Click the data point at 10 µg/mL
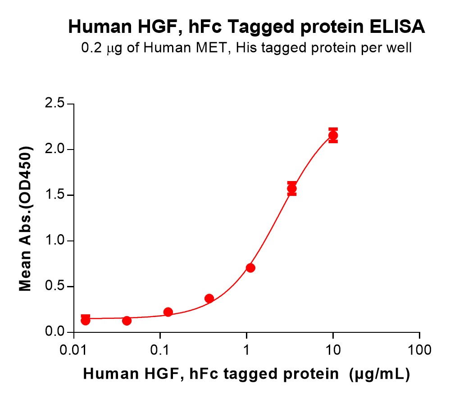click(x=333, y=135)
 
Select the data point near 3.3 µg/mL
click(x=292, y=189)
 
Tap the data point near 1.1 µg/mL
click(x=250, y=268)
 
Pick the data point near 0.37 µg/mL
click(x=209, y=298)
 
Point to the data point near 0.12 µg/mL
click(x=168, y=312)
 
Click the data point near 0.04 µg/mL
click(x=127, y=321)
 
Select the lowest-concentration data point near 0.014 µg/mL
click(x=85, y=320)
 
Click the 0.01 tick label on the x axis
click(x=73, y=349)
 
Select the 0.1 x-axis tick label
click(x=160, y=349)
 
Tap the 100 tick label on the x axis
click(x=419, y=349)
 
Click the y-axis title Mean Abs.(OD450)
click(x=26, y=218)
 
